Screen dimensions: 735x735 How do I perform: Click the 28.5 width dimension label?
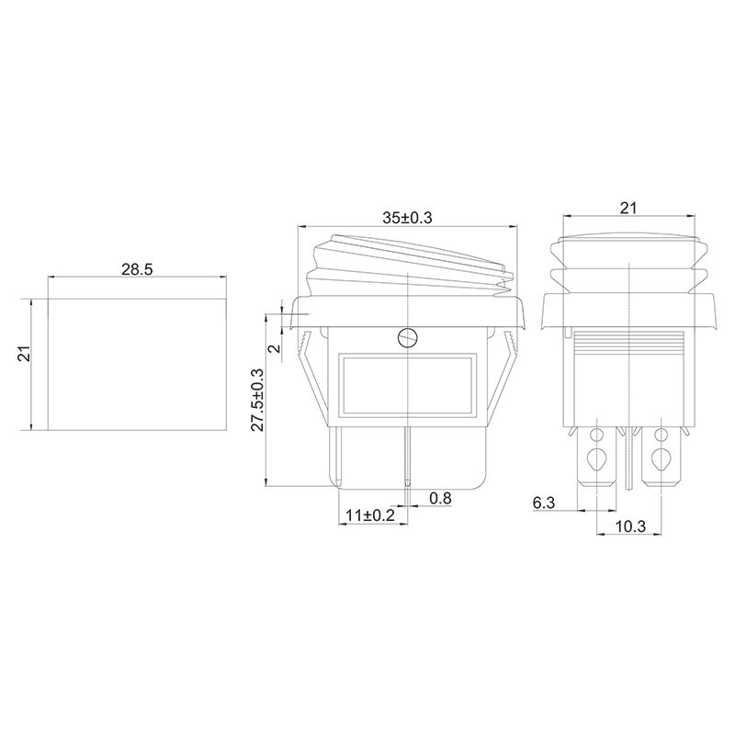pyautogui.click(x=137, y=269)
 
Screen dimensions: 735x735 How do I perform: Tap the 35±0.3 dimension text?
pyautogui.click(x=407, y=218)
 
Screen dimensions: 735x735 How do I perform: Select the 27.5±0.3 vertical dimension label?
pyautogui.click(x=258, y=400)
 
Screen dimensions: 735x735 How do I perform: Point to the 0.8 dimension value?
pyautogui.click(x=440, y=498)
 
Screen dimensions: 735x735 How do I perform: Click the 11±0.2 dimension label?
pyautogui.click(x=370, y=515)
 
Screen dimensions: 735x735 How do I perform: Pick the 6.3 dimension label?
pyautogui.click(x=544, y=503)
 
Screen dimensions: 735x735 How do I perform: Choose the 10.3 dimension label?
pyautogui.click(x=630, y=526)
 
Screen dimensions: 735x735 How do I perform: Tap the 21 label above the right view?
pyautogui.click(x=628, y=208)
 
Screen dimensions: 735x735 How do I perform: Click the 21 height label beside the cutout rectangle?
pyautogui.click(x=25, y=354)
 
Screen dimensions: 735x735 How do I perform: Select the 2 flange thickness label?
pyautogui.click(x=276, y=348)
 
